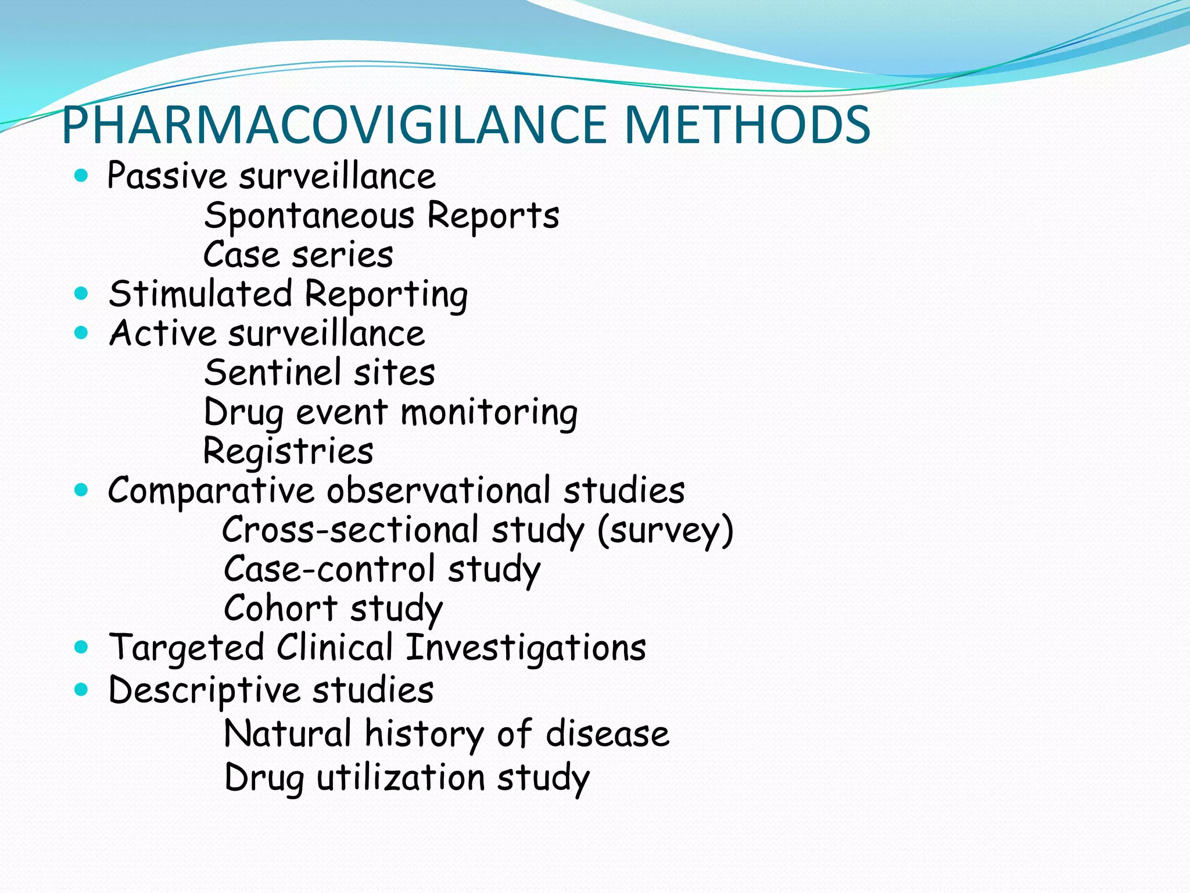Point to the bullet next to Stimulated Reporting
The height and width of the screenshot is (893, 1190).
81,293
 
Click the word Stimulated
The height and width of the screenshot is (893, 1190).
200,294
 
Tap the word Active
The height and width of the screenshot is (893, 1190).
163,333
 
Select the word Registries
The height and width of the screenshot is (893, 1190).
288,451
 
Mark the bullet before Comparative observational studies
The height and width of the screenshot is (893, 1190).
81,490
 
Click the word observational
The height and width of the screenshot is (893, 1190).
438,490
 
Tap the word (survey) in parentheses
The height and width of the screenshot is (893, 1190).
665,530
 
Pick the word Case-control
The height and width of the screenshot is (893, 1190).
329,569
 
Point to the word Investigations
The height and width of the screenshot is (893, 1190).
525,648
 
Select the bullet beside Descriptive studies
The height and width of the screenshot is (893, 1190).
81,690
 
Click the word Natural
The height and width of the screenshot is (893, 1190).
288,734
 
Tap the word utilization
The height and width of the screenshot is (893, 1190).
401,777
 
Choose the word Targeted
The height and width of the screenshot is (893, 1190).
187,648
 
